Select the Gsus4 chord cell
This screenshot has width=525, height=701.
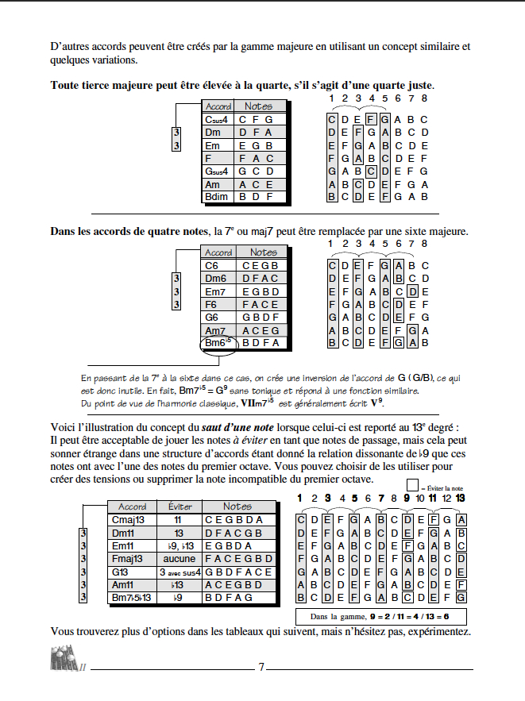218,171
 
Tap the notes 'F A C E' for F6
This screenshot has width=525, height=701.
261,305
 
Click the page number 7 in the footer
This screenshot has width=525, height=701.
261,667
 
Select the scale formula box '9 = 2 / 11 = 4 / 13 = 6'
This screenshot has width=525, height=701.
380,616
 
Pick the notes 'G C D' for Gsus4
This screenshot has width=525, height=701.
259,171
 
